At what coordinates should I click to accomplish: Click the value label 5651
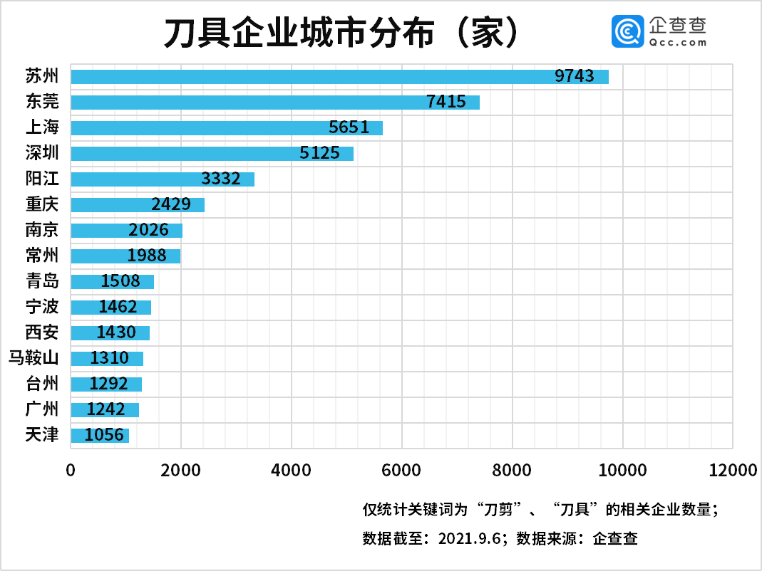pos(349,127)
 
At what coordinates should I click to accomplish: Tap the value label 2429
pos(171,204)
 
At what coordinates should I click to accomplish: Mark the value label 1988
pos(147,256)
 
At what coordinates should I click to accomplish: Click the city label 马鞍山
pos(33,357)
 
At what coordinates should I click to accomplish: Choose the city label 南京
pos(42,230)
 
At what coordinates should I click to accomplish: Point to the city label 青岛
pos(42,281)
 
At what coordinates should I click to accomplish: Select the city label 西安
pos(42,332)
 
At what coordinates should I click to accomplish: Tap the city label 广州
pos(42,409)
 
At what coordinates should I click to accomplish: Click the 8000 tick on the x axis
pos(513,470)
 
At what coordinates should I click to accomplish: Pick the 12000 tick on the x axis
pos(733,470)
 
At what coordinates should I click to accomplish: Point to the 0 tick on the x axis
pos(71,470)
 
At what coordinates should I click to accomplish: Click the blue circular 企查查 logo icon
pos(627,32)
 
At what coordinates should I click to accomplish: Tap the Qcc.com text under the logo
pos(677,43)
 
